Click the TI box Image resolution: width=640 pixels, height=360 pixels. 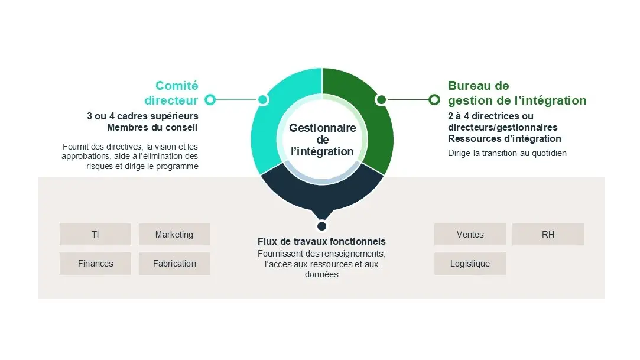[96, 234]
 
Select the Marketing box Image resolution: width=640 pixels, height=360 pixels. [174, 234]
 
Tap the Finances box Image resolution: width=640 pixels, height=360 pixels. [96, 263]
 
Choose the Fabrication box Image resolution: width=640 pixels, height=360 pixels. [174, 263]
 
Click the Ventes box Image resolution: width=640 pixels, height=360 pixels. [470, 234]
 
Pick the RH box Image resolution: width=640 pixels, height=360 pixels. [548, 234]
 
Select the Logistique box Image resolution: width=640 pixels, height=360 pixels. [470, 263]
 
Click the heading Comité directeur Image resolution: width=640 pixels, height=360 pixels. [171, 93]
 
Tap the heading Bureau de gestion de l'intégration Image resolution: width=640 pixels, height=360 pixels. [517, 93]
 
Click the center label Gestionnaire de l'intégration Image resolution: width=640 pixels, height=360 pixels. [323, 140]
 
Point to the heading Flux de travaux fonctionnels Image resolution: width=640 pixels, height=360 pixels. [321, 241]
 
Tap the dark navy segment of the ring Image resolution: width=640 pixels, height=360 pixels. [322, 192]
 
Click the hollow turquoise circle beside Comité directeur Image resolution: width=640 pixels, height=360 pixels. [210, 99]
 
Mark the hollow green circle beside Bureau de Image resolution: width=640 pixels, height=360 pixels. [434, 99]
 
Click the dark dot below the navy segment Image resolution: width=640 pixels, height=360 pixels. [322, 226]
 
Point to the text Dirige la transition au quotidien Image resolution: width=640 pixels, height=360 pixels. [508, 153]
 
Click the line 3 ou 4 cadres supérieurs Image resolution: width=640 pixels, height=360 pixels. [142, 116]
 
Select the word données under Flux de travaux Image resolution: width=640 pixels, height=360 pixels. [321, 274]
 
